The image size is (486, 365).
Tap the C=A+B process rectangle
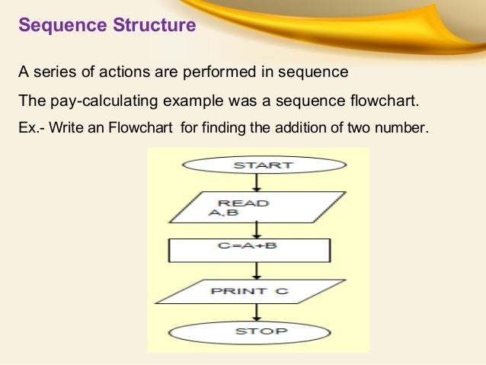(x=248, y=249)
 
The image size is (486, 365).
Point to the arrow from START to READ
(x=257, y=181)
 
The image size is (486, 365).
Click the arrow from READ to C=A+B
(x=257, y=229)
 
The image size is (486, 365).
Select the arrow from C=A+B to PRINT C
(x=257, y=270)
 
